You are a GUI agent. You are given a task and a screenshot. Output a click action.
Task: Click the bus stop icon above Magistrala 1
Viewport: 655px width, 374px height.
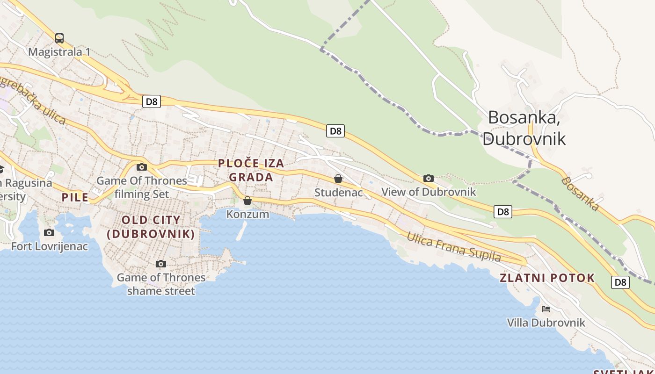(59, 38)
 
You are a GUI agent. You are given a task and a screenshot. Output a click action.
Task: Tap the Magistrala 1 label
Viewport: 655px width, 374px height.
(59, 51)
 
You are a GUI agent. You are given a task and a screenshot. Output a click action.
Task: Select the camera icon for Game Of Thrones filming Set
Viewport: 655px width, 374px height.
(141, 167)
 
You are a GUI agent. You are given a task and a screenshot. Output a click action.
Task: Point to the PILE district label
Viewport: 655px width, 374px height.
(75, 197)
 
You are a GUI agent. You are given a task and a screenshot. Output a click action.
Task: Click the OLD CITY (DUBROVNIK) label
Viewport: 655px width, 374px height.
(151, 227)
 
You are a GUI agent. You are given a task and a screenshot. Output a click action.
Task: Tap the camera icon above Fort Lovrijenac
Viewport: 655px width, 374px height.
(49, 232)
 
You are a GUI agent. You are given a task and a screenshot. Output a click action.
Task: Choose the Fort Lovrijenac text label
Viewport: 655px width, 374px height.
(50, 246)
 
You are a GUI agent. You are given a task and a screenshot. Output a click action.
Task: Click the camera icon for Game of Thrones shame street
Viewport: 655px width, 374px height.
(161, 264)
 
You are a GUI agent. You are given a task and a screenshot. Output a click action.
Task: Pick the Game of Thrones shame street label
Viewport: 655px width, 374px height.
(161, 284)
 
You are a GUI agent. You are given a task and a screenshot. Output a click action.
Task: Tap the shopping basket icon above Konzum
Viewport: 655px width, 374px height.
(247, 201)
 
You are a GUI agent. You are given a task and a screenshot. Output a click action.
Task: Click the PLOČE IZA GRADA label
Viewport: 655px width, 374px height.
(251, 170)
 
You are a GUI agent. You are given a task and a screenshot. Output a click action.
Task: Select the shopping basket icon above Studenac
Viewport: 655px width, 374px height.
(338, 179)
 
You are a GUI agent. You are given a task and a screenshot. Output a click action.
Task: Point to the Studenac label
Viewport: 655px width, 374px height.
(338, 192)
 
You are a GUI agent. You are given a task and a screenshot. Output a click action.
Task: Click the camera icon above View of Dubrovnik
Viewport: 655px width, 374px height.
(428, 178)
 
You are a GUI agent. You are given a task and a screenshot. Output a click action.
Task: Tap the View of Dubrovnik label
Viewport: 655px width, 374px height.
(429, 192)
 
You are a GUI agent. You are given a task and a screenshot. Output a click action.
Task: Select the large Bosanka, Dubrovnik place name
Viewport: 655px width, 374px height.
(524, 128)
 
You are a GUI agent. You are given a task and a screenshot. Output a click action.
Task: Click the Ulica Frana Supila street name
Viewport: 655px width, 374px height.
(453, 247)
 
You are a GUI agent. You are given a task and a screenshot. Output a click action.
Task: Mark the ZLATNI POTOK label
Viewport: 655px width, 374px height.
(547, 278)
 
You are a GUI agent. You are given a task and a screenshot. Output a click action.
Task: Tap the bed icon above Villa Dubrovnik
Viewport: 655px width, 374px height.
(546, 309)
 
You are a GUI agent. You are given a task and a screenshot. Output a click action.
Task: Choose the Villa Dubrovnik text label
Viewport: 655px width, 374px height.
(546, 323)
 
